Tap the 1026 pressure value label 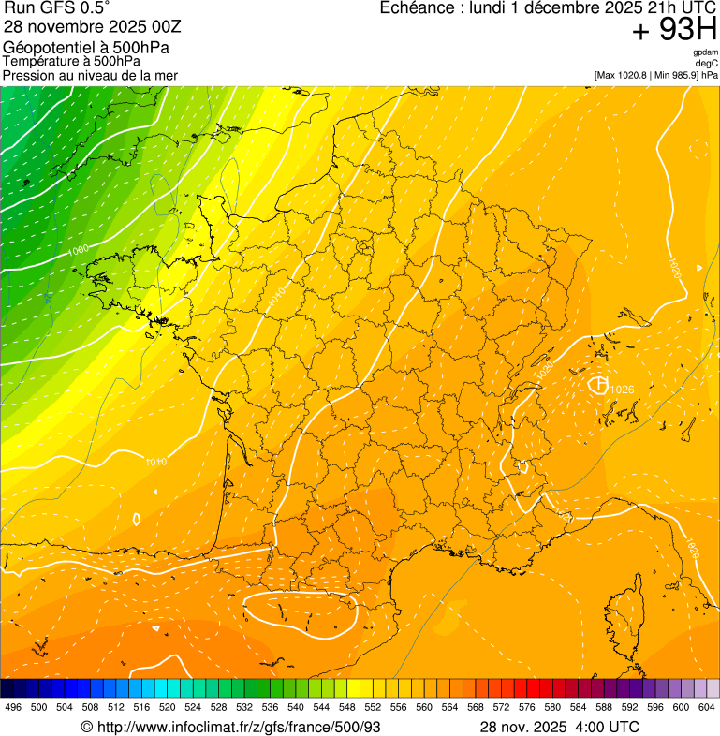pyautogui.click(x=622, y=390)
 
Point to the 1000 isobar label pyautogui.click(x=79, y=250)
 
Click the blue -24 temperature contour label pyautogui.click(x=48, y=297)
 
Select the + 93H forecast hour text pyautogui.click(x=674, y=31)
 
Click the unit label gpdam pyautogui.click(x=705, y=53)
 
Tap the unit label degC pyautogui.click(x=707, y=64)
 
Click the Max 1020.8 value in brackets pyautogui.click(x=625, y=75)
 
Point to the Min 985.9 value pyautogui.click(x=679, y=75)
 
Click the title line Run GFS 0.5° pyautogui.click(x=57, y=9)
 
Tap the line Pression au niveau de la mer pyautogui.click(x=90, y=75)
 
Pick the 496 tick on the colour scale pyautogui.click(x=13, y=707)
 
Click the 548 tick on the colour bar pyautogui.click(x=347, y=707)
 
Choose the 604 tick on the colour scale pyautogui.click(x=707, y=707)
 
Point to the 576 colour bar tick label pyautogui.click(x=527, y=707)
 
